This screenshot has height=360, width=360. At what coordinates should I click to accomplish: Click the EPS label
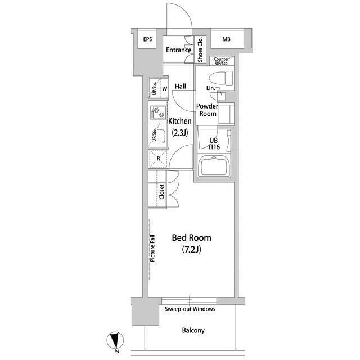[x=147, y=39]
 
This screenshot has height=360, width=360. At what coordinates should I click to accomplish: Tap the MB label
[x=226, y=39]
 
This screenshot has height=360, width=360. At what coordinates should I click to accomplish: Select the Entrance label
[x=179, y=50]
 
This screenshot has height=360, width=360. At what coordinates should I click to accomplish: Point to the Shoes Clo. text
[x=200, y=49]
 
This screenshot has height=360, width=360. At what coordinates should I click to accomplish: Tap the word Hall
[x=181, y=86]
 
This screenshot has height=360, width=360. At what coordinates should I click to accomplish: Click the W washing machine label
[x=165, y=89]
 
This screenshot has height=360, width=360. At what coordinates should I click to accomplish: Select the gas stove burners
[x=158, y=112]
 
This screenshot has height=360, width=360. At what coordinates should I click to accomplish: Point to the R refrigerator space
[x=158, y=159]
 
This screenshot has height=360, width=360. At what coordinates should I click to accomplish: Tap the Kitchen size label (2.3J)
[x=180, y=133]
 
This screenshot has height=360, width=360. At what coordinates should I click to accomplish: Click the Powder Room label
[x=208, y=110]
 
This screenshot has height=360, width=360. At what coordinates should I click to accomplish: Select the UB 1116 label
[x=214, y=143]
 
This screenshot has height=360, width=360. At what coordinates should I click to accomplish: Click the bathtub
[x=214, y=166]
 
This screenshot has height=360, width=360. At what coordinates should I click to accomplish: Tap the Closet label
[x=161, y=192]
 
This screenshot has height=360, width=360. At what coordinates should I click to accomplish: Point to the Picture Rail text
[x=152, y=248]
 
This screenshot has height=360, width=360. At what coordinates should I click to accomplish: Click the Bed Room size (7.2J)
[x=192, y=249]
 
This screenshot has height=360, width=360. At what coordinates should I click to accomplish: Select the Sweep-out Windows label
[x=190, y=309]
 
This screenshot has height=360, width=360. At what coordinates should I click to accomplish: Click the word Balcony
[x=193, y=330]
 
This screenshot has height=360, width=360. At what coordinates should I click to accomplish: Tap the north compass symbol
[x=115, y=340]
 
